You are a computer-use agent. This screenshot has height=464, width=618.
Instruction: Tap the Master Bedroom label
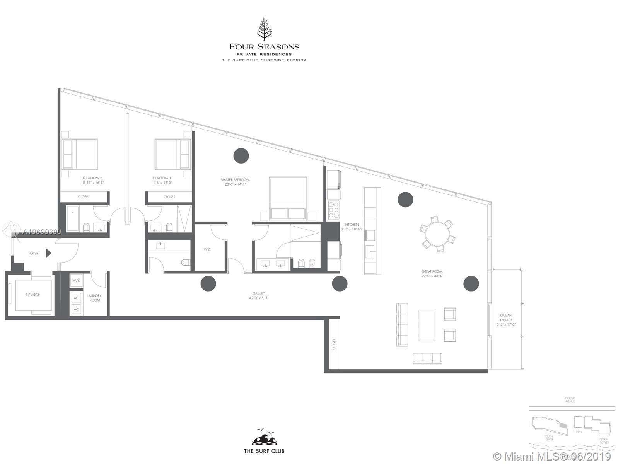pos(235,180)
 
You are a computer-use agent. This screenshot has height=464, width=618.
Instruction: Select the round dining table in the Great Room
pos(437,234)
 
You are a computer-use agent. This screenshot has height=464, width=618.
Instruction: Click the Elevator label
pos(33,295)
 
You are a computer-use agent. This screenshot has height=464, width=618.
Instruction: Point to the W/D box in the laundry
pos(76,280)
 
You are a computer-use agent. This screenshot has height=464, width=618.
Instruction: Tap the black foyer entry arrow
pos(49,253)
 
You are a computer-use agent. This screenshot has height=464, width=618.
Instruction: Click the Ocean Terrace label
pos(506,317)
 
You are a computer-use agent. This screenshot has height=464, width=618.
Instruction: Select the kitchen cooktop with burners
pos(333,209)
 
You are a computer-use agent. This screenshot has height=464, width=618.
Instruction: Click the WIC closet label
pos(207,250)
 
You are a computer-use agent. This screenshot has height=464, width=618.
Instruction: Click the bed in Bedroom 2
pos(80,154)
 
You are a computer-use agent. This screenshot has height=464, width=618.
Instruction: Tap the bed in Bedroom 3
pos(172,154)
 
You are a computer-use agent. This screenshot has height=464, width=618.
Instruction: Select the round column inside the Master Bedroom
pos(241,155)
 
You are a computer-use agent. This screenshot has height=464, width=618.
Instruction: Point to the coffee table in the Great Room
pos(427,325)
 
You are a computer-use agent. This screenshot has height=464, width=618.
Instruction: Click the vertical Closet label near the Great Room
pos(334,345)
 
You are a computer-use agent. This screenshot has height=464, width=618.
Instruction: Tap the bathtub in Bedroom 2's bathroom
pos(73,219)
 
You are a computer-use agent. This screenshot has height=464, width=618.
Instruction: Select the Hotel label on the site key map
pos(578,432)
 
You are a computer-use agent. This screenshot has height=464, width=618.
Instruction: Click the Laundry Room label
pos(95,298)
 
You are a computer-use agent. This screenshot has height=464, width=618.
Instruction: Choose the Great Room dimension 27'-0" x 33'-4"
pos(432,276)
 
